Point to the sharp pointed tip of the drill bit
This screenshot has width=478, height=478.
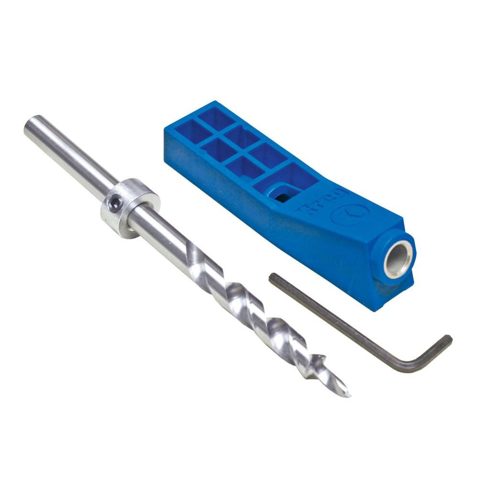pos(348,395)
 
